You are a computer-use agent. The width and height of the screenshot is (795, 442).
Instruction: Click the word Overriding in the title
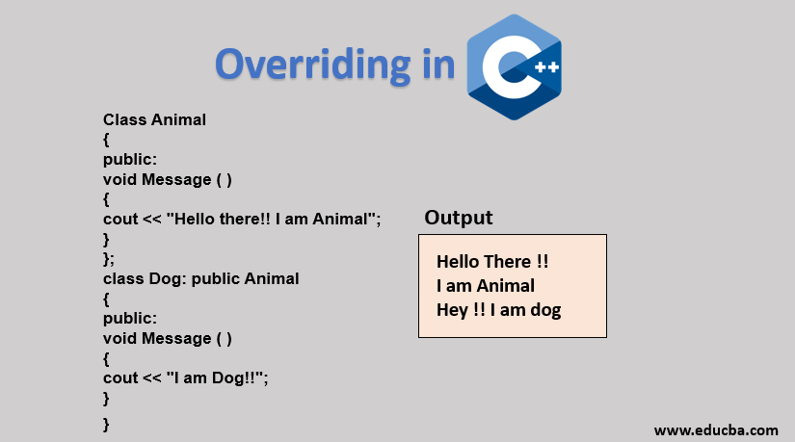(x=313, y=65)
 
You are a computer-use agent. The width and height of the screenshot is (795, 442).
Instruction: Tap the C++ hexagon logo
(x=515, y=66)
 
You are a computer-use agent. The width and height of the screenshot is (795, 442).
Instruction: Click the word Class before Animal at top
(x=125, y=119)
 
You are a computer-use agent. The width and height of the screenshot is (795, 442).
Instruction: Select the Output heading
(x=459, y=218)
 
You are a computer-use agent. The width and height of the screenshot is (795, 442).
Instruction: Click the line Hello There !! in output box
(x=492, y=262)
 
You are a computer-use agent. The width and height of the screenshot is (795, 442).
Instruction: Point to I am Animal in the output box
(x=486, y=286)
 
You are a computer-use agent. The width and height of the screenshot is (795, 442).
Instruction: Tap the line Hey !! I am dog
(x=499, y=310)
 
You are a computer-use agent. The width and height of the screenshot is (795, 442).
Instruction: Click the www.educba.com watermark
(x=716, y=430)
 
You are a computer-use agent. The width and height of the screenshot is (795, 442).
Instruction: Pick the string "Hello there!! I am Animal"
(x=271, y=219)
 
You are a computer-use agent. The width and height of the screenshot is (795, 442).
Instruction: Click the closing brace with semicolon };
(x=109, y=259)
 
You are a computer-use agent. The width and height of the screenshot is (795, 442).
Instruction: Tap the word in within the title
(x=439, y=65)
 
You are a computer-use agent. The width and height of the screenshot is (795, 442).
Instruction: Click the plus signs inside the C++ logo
(x=547, y=66)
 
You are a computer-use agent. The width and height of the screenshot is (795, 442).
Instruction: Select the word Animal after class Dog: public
(x=272, y=279)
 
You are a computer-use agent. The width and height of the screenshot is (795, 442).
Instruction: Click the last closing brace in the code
(x=106, y=424)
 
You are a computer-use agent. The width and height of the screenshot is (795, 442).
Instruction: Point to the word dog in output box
(x=545, y=310)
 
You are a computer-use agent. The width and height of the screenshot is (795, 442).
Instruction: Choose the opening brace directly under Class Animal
(x=106, y=140)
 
